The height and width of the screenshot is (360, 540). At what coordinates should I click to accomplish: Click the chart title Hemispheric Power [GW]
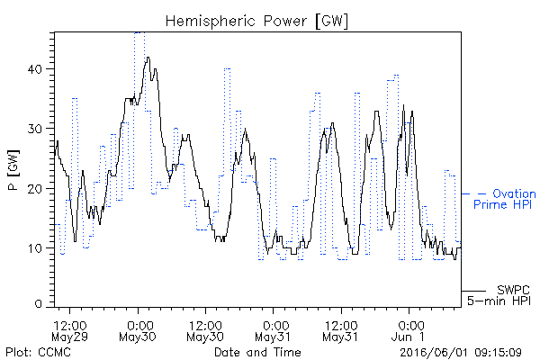(256, 21)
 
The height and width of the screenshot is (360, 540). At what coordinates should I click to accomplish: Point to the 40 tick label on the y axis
(34, 69)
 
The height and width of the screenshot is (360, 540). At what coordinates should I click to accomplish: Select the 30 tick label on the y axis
(34, 129)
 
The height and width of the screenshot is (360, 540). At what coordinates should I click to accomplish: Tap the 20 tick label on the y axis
(34, 189)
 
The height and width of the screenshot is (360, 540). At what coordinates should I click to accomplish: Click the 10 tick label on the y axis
(34, 248)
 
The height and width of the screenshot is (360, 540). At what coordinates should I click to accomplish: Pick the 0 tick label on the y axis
(38, 303)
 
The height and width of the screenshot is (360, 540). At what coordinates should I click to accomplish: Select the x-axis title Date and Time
(257, 352)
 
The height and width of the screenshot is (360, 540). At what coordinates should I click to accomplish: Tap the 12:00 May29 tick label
(70, 330)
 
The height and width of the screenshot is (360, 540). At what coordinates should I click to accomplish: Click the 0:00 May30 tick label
(138, 330)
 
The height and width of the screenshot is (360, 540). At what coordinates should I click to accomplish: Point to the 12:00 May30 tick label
(205, 330)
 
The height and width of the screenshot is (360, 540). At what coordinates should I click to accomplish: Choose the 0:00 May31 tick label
(273, 330)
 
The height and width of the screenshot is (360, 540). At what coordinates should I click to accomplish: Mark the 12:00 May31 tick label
(341, 330)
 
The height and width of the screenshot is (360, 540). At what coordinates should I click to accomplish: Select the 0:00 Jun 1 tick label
(409, 330)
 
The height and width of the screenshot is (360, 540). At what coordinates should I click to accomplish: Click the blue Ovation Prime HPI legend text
(504, 199)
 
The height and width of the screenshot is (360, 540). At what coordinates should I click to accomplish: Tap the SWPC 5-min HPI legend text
(499, 295)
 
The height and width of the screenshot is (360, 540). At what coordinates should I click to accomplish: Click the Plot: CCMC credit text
(38, 352)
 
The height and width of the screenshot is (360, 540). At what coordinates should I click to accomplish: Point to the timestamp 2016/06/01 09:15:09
(461, 353)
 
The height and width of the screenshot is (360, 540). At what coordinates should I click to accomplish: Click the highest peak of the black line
(148, 58)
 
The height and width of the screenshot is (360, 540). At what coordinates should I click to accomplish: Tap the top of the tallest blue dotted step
(139, 32)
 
